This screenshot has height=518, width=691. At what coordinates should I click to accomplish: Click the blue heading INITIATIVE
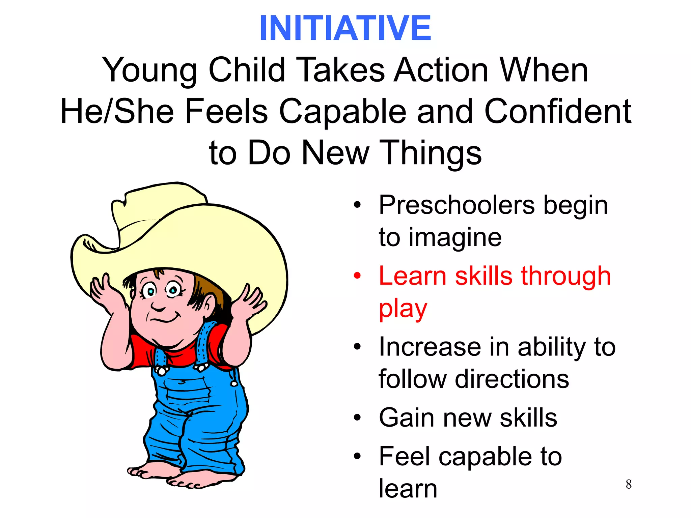345,28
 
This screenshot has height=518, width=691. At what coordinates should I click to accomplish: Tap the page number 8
629,484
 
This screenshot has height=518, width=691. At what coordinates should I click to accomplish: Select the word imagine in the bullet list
455,238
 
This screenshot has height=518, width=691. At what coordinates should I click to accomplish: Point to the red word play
403,309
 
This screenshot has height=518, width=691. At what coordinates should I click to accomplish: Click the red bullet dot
357,276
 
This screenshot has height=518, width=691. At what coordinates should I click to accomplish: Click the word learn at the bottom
408,489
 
